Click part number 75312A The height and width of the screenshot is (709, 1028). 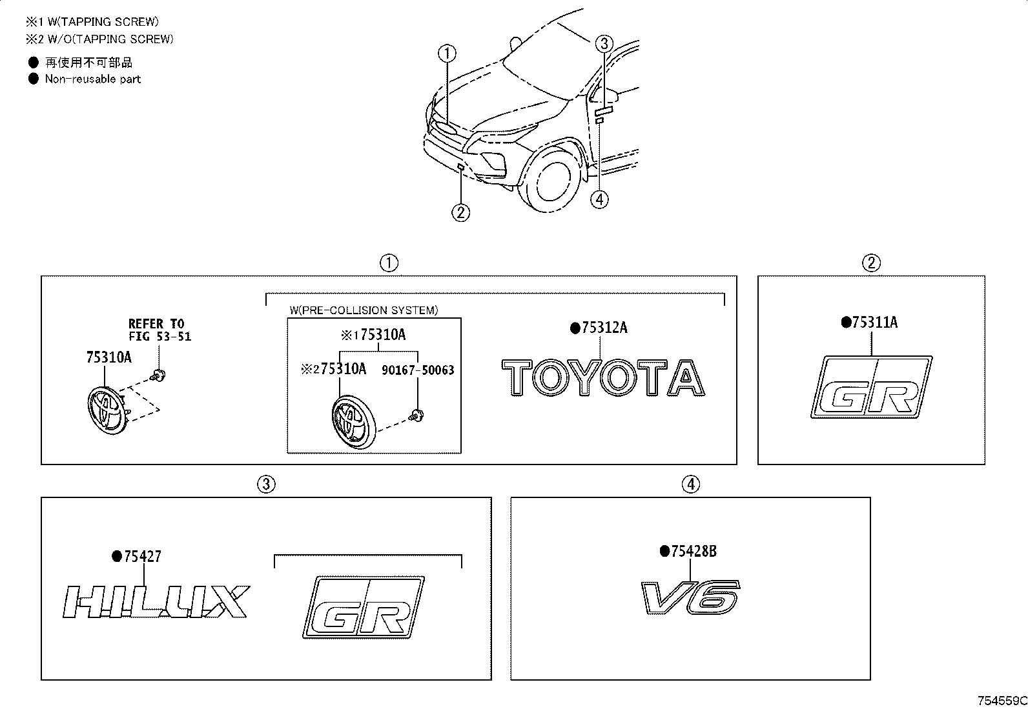point(604,328)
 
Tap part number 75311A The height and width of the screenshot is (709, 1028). point(874,323)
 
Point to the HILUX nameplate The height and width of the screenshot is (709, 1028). point(156,601)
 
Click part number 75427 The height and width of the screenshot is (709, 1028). point(142,556)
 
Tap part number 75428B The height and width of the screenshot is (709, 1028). point(694,552)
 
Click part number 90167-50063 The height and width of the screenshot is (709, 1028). point(418,370)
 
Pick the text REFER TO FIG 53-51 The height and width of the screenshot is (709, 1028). point(159,330)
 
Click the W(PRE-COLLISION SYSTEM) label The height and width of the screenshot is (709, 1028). point(364,310)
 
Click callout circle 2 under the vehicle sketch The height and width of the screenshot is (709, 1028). point(460,212)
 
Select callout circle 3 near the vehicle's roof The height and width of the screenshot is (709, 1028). point(603,44)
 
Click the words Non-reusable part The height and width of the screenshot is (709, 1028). point(92,79)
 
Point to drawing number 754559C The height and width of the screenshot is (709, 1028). point(1002,701)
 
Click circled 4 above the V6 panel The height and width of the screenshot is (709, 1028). point(690,484)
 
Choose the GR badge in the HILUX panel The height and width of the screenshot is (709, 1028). point(364,606)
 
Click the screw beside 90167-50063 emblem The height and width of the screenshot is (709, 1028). point(418,414)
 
